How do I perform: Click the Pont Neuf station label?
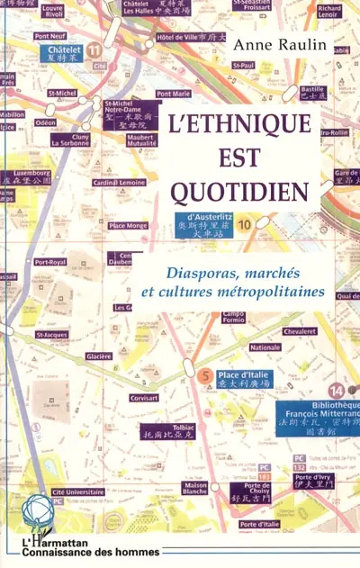(x=50, y=36)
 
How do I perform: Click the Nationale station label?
(x=265, y=347)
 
